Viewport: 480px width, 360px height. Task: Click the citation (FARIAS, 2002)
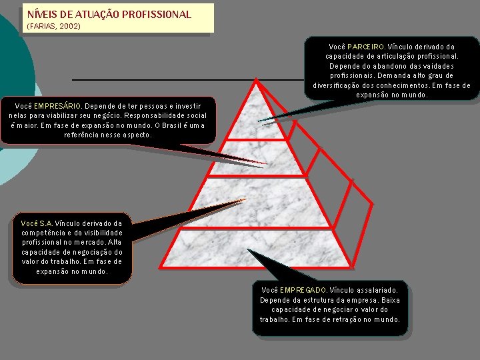tap(53, 26)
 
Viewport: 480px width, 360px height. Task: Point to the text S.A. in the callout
tap(46, 223)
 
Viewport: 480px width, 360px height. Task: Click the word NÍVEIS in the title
tap(41, 14)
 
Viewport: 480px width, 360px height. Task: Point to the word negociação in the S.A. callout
tap(89, 252)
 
